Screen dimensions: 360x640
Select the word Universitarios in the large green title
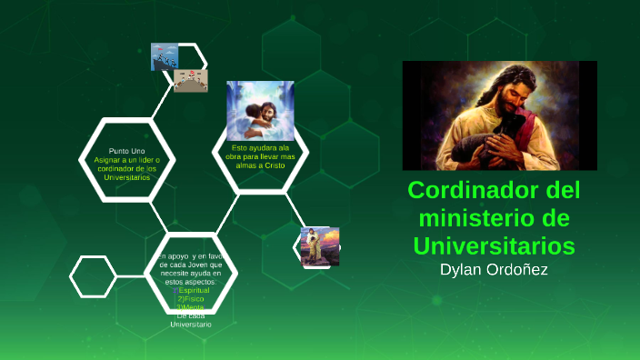coord(494,245)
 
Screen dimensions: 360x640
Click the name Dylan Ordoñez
coord(494,270)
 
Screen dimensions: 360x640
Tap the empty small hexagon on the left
coord(94,276)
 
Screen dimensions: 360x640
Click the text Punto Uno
coord(126,150)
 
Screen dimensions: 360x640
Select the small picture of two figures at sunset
coord(320,246)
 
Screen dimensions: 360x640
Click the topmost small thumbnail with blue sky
coord(165,56)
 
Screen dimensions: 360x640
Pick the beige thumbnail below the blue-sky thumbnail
coord(190,82)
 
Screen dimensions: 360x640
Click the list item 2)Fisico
coord(192,298)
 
